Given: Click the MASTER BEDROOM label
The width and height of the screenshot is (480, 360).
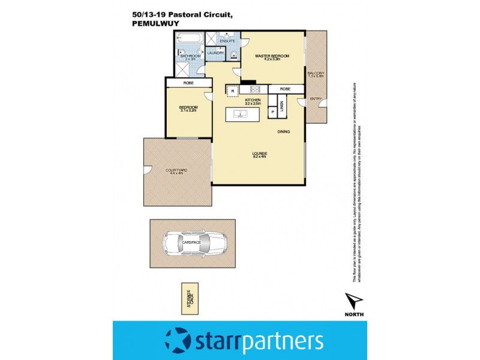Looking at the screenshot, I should (x=272, y=56).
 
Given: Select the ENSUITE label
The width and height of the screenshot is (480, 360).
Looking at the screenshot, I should (x=227, y=41).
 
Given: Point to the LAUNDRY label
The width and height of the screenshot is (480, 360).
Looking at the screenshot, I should (x=215, y=53).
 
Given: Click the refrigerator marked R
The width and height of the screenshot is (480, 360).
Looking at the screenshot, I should (x=232, y=90).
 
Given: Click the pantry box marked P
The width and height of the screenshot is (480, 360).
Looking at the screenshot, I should (x=272, y=112).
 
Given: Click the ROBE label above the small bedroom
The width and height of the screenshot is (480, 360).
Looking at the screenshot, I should (x=188, y=83).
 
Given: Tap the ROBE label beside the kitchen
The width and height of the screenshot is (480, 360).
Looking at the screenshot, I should (x=285, y=89).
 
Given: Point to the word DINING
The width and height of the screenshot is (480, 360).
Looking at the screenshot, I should (x=284, y=131).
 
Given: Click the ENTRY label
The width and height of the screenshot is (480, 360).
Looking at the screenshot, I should (x=315, y=98).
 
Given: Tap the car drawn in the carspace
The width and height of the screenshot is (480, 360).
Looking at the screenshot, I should (x=193, y=242).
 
